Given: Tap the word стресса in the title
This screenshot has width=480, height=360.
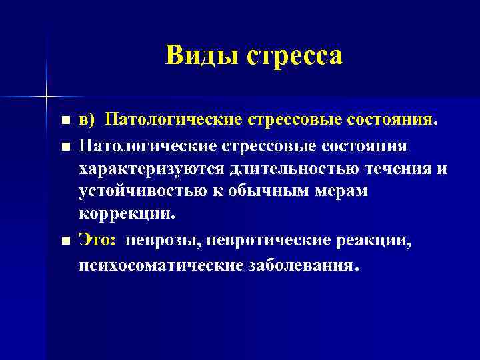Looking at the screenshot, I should (x=295, y=55).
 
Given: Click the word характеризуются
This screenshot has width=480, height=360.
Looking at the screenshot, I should (x=150, y=169).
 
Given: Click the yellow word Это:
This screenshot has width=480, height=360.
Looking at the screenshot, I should (x=98, y=240).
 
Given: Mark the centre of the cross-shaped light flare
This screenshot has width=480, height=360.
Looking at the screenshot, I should (x=46, y=97).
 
